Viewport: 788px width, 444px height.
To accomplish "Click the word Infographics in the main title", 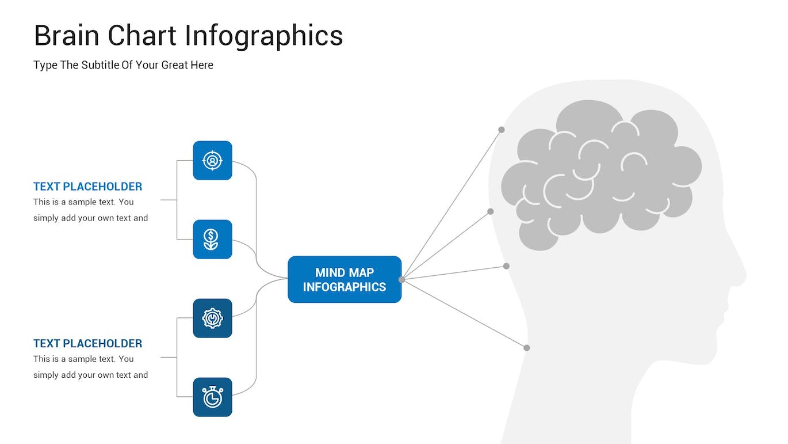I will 265,36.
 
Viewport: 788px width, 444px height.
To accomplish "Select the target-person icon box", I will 212,160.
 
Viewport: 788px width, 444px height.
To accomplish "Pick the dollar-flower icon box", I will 212,239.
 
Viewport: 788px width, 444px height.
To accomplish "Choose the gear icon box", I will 212,318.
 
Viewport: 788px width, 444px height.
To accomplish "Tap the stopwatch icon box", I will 212,397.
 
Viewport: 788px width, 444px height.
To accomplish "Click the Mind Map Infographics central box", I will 344,279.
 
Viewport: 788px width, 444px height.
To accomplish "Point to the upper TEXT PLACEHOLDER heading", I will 87,187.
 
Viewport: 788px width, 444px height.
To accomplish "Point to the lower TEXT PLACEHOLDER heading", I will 87,343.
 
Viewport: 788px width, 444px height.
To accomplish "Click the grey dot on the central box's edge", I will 401,279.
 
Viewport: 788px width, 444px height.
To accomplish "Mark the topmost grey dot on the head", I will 502,130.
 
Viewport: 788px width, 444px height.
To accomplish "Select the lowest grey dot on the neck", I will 526,347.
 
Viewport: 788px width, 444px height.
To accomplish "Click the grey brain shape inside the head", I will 598,173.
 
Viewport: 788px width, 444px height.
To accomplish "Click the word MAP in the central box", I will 361,272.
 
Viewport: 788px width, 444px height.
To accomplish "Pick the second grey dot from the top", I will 491,211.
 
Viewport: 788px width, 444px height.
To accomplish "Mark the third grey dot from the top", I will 506,266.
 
